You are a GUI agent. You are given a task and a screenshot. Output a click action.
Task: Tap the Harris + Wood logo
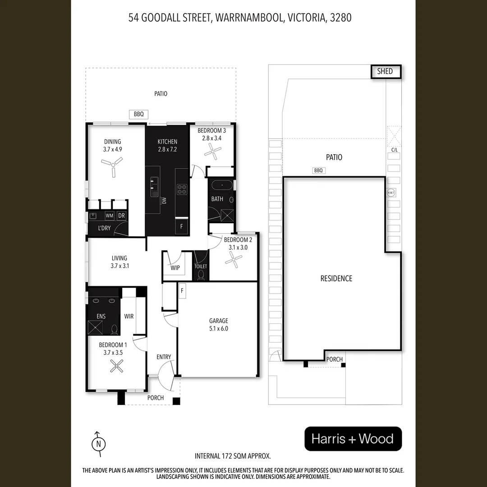tap(353, 439)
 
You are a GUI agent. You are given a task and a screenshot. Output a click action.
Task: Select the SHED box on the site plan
tap(385, 71)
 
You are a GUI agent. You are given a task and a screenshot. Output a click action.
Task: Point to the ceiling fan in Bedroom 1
tap(117, 367)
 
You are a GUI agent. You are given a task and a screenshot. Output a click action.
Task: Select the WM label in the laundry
tap(109, 216)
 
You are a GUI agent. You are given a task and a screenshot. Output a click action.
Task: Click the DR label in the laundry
tap(121, 216)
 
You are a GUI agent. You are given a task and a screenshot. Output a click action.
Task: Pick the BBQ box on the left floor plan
tap(138, 115)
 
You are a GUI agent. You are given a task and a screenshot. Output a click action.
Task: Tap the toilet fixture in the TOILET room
tap(201, 276)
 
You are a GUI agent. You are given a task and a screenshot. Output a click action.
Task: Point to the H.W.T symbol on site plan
tap(391, 193)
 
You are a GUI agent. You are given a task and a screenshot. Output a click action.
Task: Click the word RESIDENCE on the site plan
tap(336, 278)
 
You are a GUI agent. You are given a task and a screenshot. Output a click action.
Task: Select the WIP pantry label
tap(175, 268)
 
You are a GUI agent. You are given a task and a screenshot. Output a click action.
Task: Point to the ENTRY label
tap(164, 357)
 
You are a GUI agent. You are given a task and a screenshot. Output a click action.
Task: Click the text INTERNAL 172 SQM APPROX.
tap(232, 456)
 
